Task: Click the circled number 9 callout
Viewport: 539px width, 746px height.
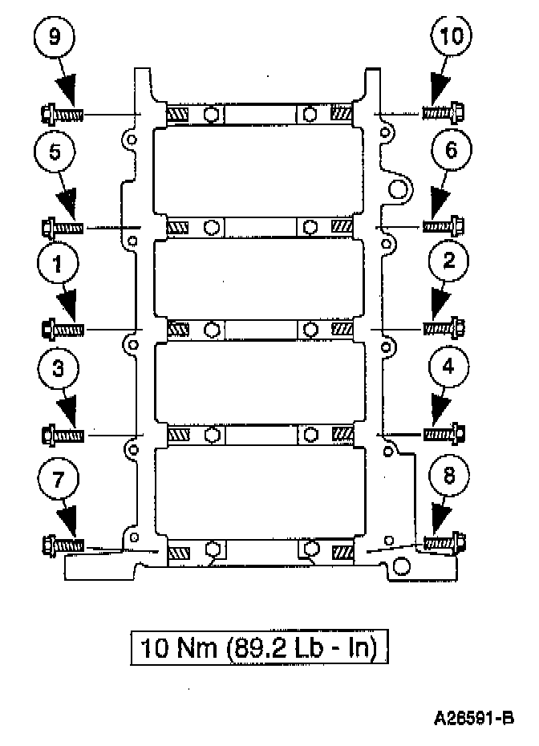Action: [x=55, y=37]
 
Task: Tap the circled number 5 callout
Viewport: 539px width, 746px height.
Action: [x=55, y=152]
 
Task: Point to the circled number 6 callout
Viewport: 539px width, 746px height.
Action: [x=451, y=149]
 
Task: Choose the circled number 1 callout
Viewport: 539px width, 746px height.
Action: [x=57, y=263]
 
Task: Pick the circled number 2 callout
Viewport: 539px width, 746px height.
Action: [x=448, y=262]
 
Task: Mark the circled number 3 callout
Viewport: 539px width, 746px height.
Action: [x=58, y=369]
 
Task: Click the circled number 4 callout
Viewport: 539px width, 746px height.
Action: [x=448, y=367]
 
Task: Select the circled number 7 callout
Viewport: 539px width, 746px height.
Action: [x=58, y=478]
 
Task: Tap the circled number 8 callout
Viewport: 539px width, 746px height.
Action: [x=448, y=476]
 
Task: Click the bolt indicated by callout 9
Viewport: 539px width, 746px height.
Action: [x=62, y=114]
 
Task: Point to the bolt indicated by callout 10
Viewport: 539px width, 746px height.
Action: [x=444, y=113]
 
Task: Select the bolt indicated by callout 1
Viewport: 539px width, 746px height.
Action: [x=62, y=329]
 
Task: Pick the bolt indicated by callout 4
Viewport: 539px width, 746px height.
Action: [x=444, y=434]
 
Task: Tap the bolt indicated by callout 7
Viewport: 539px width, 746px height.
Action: [x=62, y=545]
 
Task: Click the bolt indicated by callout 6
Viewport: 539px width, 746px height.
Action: [x=444, y=226]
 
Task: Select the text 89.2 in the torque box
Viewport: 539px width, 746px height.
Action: [x=257, y=647]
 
